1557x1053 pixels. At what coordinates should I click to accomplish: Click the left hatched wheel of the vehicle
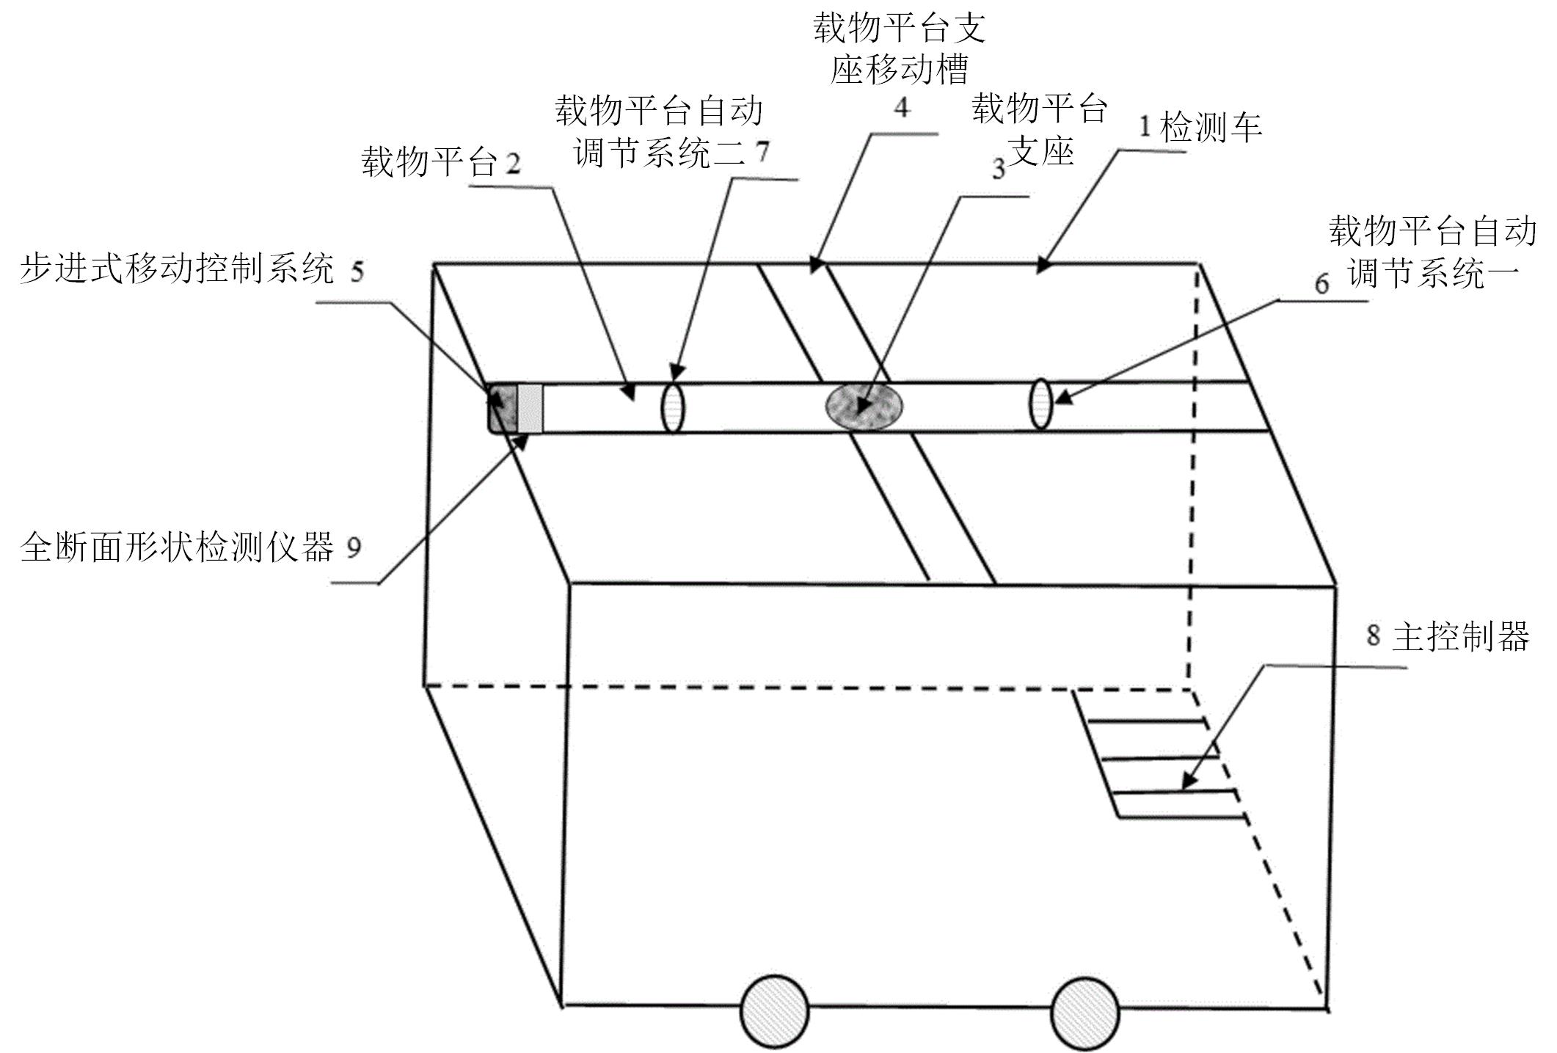pos(775,1012)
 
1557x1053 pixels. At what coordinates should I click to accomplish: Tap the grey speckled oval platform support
pos(864,405)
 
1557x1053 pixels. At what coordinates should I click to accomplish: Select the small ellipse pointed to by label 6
pos(1040,403)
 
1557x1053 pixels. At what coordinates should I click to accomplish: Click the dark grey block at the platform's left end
pos(503,407)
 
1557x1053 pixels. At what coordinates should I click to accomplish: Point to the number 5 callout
pos(357,272)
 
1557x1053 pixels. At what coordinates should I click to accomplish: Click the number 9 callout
pos(354,547)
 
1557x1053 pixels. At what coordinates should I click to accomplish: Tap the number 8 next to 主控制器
pos(1373,635)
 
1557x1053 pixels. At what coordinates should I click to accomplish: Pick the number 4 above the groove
pos(902,108)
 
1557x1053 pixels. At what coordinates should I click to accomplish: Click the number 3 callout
pos(998,170)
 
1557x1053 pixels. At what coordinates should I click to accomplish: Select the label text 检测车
pos(1211,128)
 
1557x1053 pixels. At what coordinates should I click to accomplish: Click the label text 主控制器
pos(1461,636)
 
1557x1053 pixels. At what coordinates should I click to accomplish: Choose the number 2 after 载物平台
pos(513,163)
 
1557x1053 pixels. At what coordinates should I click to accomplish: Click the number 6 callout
pos(1321,284)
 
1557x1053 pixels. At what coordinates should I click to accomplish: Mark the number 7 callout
pos(762,152)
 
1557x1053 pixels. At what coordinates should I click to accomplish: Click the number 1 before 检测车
pos(1145,128)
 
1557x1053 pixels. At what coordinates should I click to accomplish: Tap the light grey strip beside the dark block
pos(530,408)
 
